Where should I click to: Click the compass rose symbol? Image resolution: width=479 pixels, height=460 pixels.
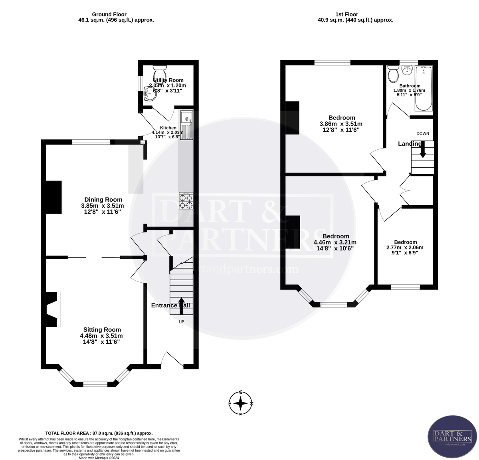point(240,404)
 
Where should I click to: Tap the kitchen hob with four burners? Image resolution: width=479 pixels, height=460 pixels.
point(186,200)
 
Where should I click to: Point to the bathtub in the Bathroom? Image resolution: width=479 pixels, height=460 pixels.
point(424,89)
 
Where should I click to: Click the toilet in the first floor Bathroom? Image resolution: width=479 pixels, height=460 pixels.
point(393,73)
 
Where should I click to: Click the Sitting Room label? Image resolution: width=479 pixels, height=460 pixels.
point(102,329)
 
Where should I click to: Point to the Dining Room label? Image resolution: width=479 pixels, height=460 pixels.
point(103,200)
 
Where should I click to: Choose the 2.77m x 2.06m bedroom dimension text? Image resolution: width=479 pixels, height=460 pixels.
point(405,248)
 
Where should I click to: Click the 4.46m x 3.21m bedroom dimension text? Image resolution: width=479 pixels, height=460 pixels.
point(335,242)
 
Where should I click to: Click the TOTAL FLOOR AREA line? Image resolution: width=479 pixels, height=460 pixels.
point(99,433)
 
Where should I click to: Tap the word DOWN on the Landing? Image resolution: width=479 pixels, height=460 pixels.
point(423,133)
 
